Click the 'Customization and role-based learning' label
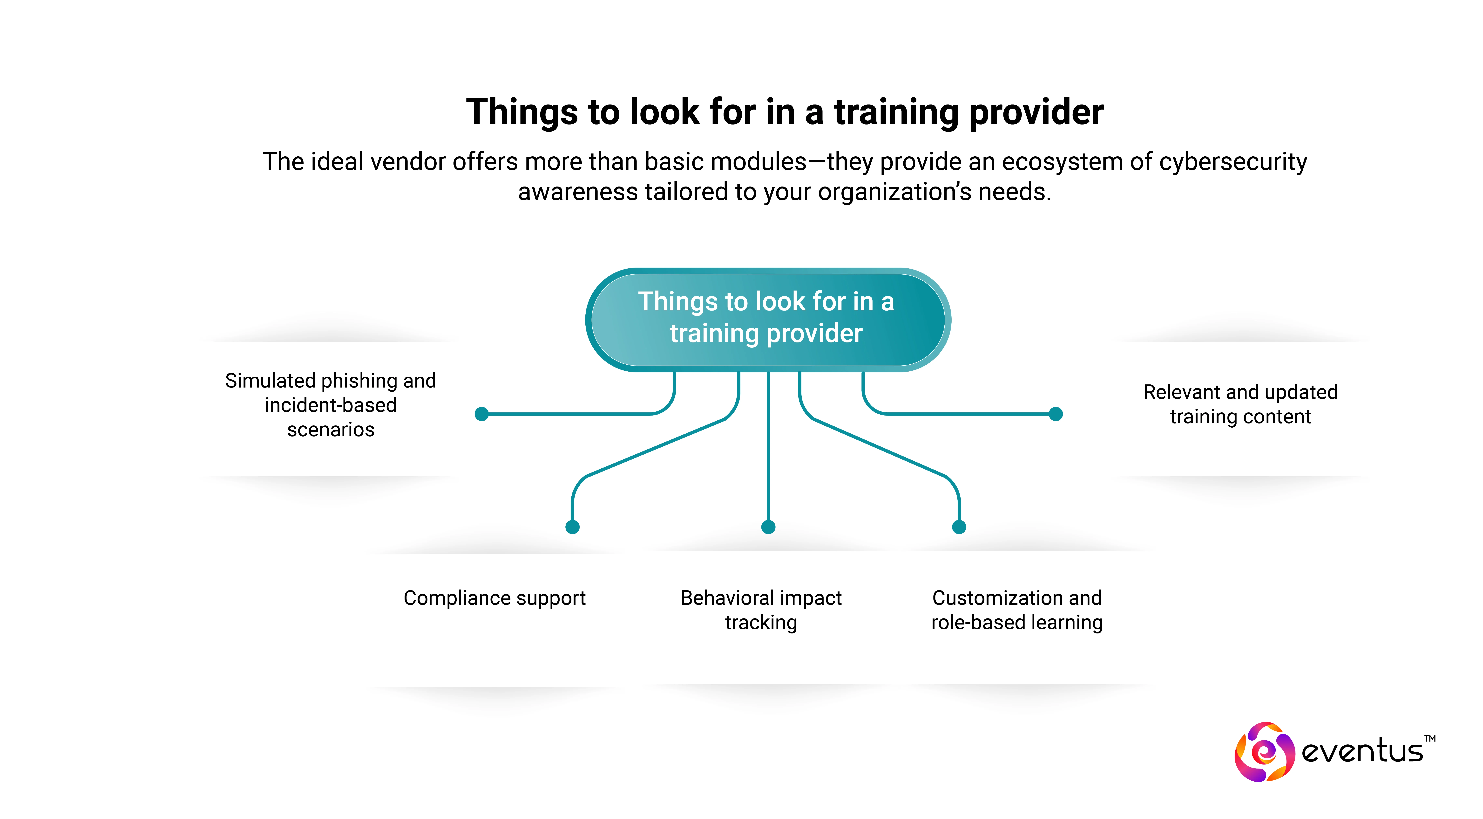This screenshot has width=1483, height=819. tap(1017, 610)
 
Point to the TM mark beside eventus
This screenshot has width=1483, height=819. tap(1430, 738)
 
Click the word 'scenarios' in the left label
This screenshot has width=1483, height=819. tap(331, 430)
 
